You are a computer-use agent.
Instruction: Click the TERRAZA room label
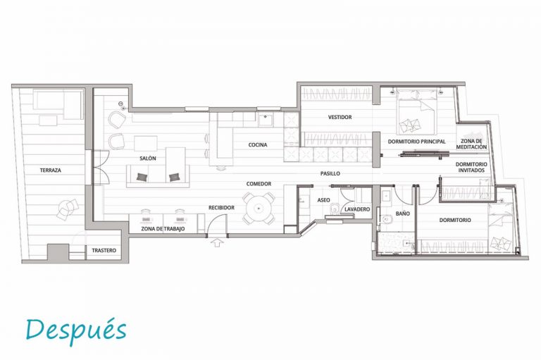51,170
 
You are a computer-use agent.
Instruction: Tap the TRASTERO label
104,250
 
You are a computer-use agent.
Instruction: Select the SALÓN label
148,159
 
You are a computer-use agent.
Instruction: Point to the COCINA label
258,145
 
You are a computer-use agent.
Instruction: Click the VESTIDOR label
340,118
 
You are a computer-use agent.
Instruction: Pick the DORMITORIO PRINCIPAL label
416,142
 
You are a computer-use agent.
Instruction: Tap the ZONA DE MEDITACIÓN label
471,144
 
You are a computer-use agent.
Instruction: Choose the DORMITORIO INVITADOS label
471,168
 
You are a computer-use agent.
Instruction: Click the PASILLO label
330,173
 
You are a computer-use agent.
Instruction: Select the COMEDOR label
259,184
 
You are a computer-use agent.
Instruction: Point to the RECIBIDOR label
221,208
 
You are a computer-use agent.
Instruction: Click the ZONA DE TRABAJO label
163,229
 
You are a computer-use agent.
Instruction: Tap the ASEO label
323,200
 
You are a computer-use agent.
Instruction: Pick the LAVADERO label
357,209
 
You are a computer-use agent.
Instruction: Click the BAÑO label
403,214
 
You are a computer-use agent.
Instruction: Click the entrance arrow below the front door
216,242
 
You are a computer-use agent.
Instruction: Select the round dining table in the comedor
259,208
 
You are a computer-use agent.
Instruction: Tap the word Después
76,330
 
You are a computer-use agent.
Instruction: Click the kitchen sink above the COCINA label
266,120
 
